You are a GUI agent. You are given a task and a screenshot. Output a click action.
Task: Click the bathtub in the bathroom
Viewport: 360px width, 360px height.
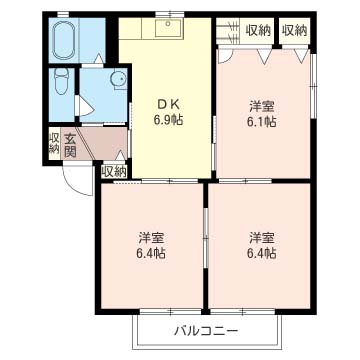tap(66, 37)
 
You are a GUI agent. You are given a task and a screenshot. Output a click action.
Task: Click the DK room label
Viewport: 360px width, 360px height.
tap(166, 103)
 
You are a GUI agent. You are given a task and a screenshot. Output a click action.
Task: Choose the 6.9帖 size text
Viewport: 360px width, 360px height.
tap(166, 119)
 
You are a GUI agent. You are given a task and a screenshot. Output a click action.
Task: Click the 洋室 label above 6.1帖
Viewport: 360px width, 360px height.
tap(263, 105)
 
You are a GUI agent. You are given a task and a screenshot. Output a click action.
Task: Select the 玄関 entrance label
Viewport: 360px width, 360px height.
tap(73, 145)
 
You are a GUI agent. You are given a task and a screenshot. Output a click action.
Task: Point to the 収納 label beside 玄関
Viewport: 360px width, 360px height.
tap(53, 142)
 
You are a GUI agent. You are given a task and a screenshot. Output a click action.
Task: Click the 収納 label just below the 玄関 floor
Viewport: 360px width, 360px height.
tap(113, 171)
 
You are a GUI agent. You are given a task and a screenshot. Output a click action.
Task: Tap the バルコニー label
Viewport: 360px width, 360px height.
tap(205, 329)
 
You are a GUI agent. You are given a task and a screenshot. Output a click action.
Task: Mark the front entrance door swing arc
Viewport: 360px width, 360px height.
tap(75, 177)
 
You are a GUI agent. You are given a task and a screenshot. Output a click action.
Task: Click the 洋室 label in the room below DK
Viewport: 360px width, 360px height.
tap(151, 238)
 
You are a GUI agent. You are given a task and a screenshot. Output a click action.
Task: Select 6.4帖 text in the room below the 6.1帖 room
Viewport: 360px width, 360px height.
tap(263, 254)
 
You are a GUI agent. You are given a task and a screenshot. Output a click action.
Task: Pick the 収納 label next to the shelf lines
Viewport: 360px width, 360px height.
tap(258, 30)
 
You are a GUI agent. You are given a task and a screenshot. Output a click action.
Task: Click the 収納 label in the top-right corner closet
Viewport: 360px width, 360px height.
tap(295, 30)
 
